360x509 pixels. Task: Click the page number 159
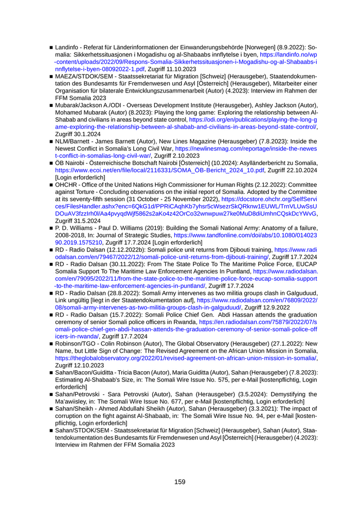coord(179,482)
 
